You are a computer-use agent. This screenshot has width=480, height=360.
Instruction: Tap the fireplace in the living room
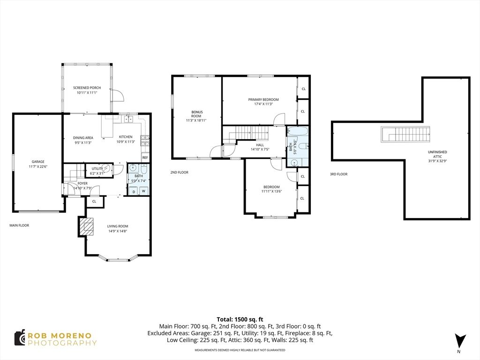(x=86, y=226)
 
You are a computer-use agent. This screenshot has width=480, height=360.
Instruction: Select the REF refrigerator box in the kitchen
(x=145, y=157)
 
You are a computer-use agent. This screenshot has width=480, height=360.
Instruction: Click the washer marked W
(x=143, y=191)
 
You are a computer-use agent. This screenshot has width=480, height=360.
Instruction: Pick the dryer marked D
(x=134, y=191)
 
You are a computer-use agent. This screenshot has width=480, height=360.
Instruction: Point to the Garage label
(x=38, y=162)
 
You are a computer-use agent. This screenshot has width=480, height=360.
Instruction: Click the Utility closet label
(x=97, y=169)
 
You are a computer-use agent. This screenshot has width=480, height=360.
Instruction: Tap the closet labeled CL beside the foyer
(x=94, y=202)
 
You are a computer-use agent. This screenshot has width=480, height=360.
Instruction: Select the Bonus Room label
(x=196, y=114)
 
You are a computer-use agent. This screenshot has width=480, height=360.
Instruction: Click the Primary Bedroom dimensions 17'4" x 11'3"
(x=263, y=104)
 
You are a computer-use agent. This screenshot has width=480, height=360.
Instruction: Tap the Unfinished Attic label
(x=437, y=154)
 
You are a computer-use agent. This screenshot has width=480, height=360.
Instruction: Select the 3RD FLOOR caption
(x=338, y=174)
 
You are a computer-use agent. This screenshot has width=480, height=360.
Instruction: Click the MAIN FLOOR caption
(x=19, y=225)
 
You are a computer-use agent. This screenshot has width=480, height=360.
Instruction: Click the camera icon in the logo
(x=20, y=338)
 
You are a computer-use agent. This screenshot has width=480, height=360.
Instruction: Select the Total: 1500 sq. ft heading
(x=240, y=320)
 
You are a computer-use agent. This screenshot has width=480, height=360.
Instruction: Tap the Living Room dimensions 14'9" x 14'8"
(x=118, y=231)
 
